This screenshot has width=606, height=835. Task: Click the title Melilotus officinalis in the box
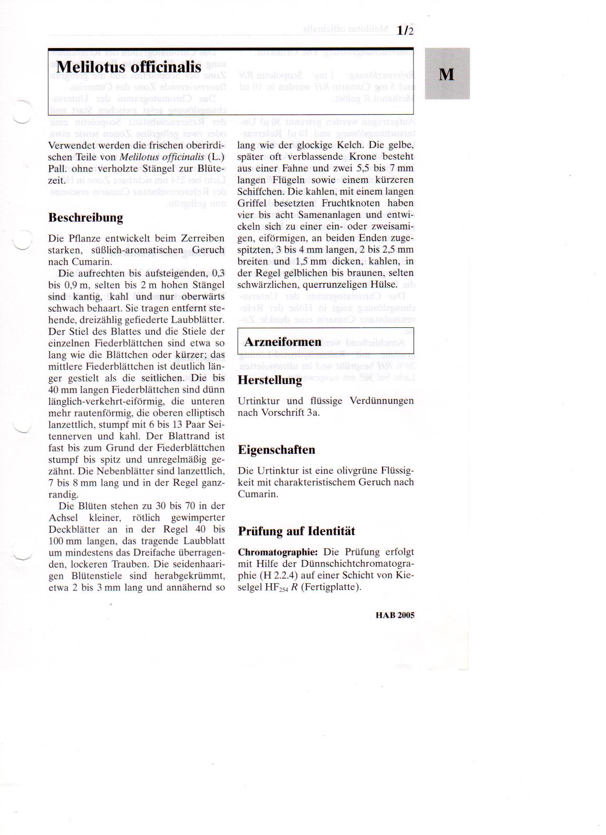[129, 67]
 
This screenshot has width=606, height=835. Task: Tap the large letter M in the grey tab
[447, 75]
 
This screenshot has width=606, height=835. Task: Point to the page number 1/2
[406, 31]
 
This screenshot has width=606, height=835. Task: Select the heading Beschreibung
[86, 218]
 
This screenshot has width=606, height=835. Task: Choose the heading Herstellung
[269, 380]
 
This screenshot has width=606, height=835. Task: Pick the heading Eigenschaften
[276, 450]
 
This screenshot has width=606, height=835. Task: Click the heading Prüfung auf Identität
[296, 531]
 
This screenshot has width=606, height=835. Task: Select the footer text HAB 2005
[394, 615]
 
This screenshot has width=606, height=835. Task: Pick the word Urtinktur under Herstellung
[259, 401]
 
